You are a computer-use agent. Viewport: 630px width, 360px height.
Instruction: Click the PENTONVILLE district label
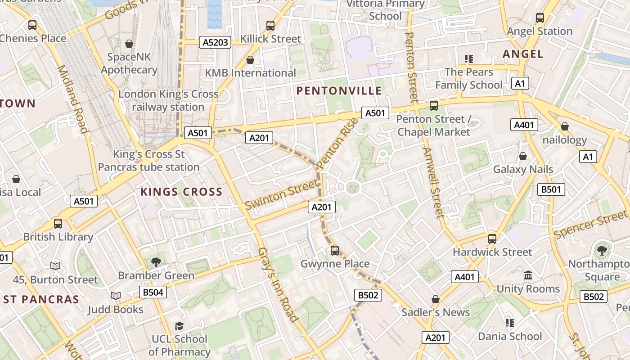339,91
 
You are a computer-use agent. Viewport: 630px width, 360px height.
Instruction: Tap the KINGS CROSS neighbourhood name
181,192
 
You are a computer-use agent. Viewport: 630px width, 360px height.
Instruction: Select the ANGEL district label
523,54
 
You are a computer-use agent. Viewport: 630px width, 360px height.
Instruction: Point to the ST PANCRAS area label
40,299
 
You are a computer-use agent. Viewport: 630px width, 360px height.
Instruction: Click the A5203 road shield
215,43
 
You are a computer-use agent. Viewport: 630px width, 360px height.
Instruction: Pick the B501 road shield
551,189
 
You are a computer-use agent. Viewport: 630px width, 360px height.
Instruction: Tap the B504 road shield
153,292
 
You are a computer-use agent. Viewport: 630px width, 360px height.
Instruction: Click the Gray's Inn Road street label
278,285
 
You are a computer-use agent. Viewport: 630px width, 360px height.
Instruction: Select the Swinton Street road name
281,194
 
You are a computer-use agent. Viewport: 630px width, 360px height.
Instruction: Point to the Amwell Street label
433,183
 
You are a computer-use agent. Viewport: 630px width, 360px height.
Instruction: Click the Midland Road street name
72,99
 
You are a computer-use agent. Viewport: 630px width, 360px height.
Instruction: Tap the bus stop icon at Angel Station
540,18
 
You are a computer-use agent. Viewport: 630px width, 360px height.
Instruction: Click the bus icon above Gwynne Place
334,250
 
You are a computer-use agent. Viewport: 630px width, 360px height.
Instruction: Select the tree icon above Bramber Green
156,262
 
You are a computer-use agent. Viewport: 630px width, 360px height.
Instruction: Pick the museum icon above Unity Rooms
528,275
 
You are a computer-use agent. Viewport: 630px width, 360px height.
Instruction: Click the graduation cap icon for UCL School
179,326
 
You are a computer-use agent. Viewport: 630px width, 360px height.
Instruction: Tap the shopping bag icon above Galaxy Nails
523,156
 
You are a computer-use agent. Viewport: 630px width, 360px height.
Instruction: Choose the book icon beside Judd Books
116,296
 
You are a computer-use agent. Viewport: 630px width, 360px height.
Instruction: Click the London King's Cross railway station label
168,101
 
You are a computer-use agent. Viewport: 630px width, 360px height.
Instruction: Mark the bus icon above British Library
58,223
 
